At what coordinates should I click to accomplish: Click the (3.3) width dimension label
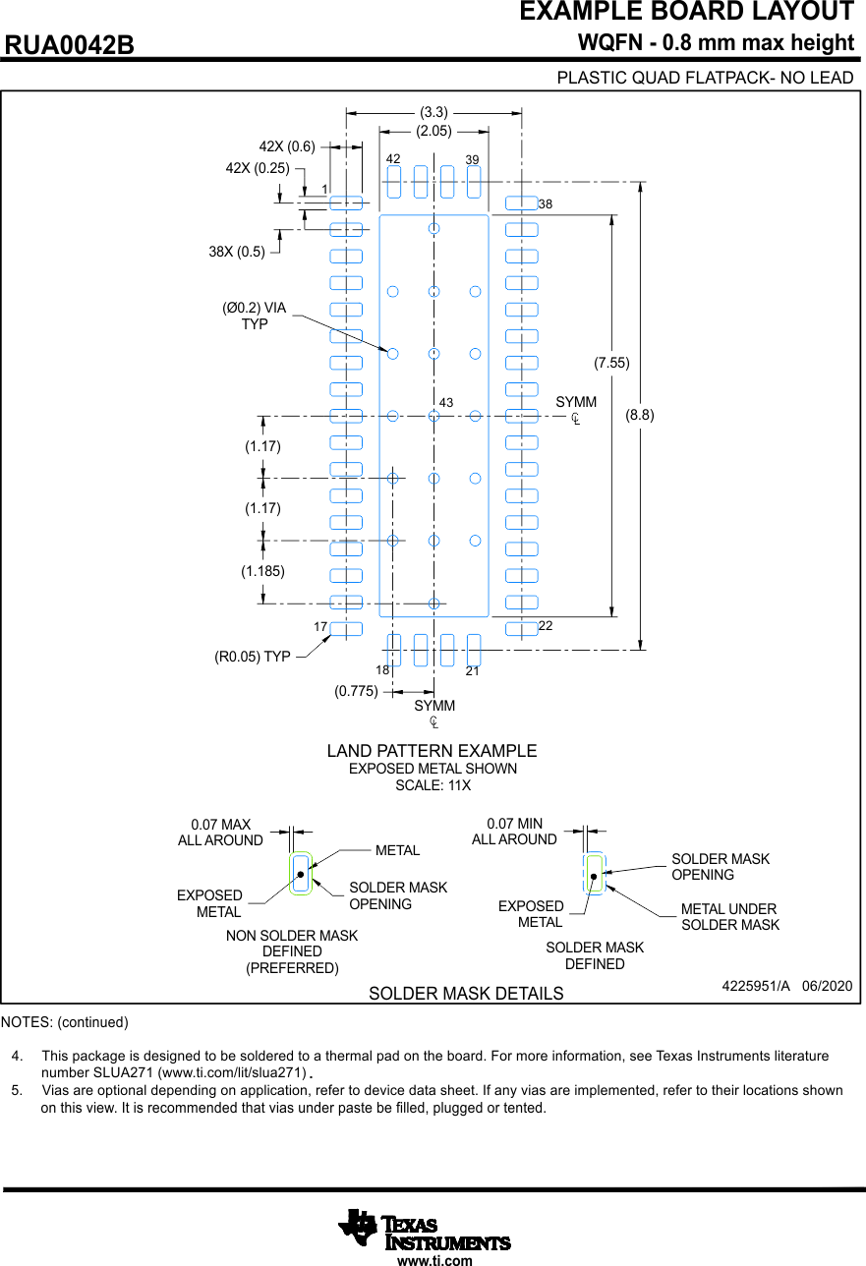pos(433,112)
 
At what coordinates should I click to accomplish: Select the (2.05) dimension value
pos(433,130)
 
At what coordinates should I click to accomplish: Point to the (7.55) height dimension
pos(611,363)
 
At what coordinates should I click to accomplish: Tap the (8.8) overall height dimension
pos(640,415)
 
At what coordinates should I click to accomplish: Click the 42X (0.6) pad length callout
pos(287,147)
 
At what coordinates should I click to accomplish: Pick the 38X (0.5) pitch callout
pos(237,251)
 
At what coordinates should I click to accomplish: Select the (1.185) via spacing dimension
pos(262,570)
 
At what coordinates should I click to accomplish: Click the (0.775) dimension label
pos(356,691)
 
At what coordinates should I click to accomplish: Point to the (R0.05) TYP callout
pos(253,657)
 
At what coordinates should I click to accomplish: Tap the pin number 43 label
pos(446,403)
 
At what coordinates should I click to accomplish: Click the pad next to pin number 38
pos(521,202)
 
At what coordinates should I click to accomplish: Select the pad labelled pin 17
pos(346,629)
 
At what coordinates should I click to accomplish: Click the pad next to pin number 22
pos(521,629)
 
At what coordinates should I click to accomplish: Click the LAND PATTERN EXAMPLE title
pos(433,751)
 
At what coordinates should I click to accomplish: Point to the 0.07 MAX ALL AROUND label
pos(220,833)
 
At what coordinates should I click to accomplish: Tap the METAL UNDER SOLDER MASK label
pos(729,917)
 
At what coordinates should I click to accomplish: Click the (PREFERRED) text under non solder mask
pos(292,968)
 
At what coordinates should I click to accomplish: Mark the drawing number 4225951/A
pos(756,985)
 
